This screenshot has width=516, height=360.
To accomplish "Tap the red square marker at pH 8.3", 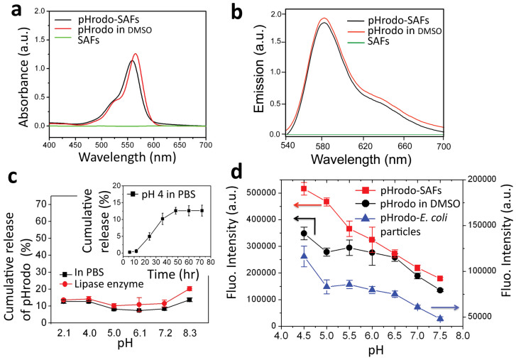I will (209, 268).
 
